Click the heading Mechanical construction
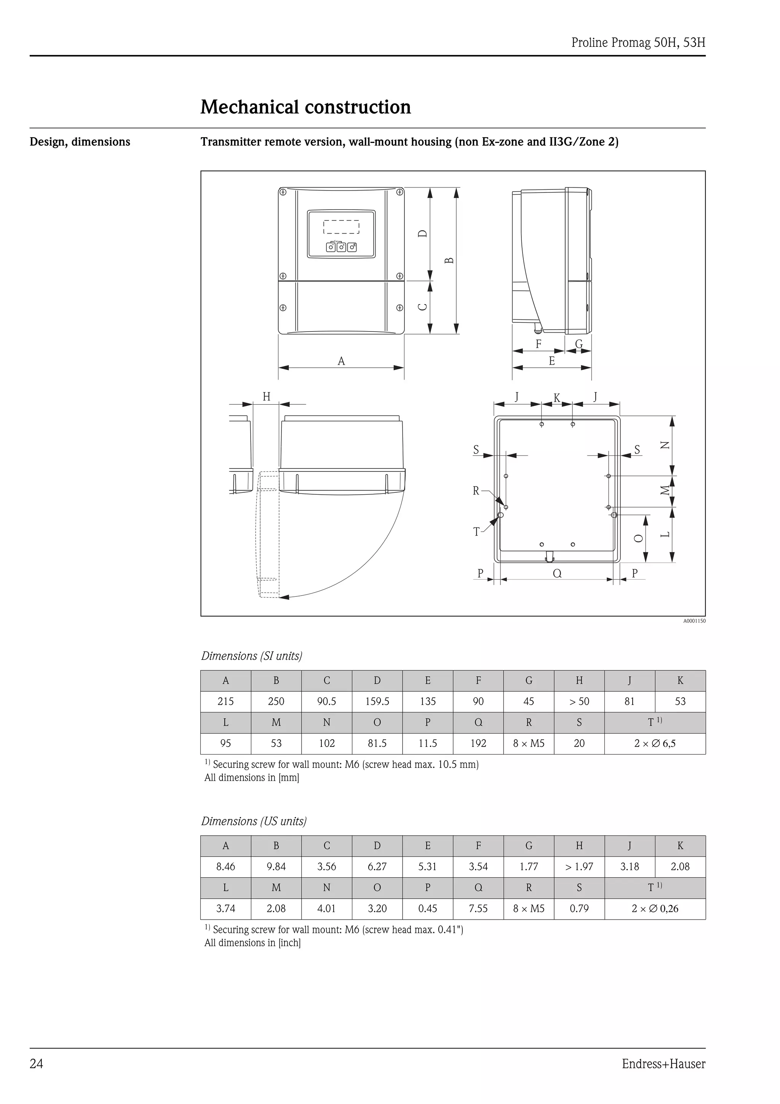pos(306,107)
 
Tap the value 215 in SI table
pos(225,702)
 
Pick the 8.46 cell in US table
pos(225,867)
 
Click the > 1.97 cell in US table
pos(579,867)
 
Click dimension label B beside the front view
pos(449,260)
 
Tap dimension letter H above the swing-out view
pos(266,397)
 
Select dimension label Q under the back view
pos(557,573)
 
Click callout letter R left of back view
pos(476,491)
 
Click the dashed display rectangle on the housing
pos(341,226)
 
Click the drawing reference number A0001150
pos(694,621)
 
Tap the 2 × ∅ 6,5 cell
pos(655,744)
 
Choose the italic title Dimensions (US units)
pos(254,821)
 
